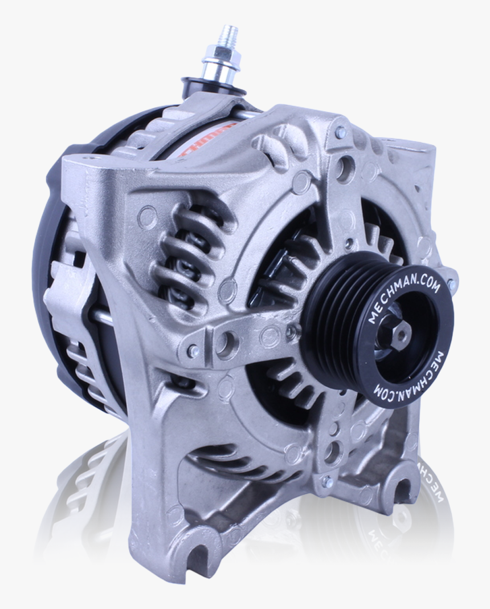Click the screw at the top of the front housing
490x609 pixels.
coord(340,133)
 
